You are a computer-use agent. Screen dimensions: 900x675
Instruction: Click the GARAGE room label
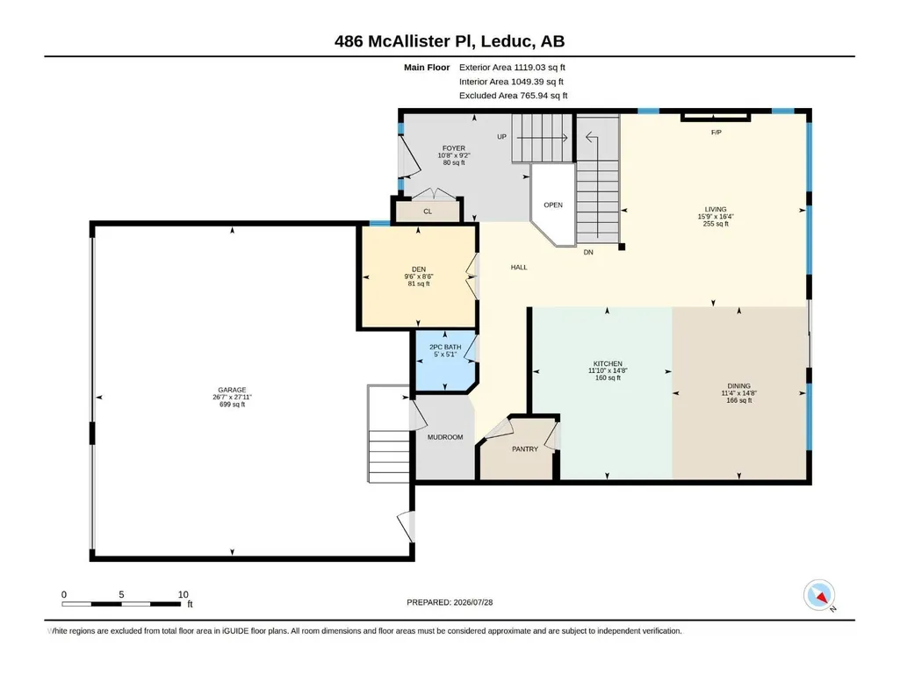tap(232, 390)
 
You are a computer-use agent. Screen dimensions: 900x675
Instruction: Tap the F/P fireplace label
tap(716, 133)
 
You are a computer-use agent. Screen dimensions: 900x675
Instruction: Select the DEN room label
tap(419, 269)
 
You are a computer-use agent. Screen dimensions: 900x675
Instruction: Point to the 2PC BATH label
tap(445, 348)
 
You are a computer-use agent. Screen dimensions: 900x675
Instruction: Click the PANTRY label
tap(525, 449)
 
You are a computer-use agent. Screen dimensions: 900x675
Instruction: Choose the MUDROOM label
tap(445, 437)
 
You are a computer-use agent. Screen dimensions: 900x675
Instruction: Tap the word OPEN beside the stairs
tap(553, 205)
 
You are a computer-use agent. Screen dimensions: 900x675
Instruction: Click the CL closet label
tap(428, 212)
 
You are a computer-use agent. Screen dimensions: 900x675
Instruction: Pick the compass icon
tap(819, 596)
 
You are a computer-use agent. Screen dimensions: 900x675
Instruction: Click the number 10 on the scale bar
tap(184, 594)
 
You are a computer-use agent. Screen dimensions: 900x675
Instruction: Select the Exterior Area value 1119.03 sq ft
tap(539, 68)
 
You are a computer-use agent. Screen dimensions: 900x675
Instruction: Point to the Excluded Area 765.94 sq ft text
tap(513, 96)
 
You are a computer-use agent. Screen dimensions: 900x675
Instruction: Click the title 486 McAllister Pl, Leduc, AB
tap(450, 41)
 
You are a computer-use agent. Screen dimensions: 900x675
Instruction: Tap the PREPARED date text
tap(450, 602)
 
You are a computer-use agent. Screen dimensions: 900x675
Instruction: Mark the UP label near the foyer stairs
tap(501, 137)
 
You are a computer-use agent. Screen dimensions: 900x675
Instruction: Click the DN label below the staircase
tap(588, 253)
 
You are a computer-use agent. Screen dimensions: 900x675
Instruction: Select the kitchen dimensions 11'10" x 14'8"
tap(608, 370)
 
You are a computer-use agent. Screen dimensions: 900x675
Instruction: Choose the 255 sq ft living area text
tap(716, 224)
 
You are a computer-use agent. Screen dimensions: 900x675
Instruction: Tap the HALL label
tap(519, 268)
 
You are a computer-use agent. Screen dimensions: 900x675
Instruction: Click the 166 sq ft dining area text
tap(738, 400)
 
